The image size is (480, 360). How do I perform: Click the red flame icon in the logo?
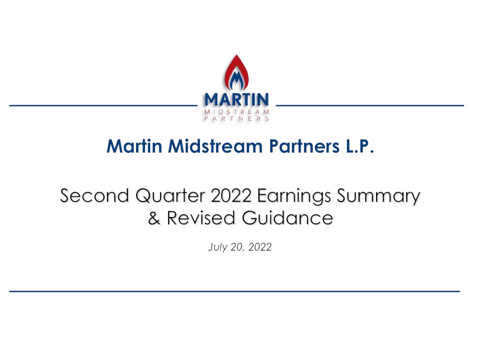tap(237, 73)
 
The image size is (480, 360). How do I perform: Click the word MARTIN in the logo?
tap(237, 100)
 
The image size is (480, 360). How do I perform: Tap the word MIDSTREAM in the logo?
tap(237, 112)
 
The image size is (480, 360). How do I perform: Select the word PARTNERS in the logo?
tap(237, 118)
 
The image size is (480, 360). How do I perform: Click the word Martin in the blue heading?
tap(134, 146)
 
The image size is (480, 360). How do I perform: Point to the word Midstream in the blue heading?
tap(215, 146)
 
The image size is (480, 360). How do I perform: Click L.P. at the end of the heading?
tap(359, 146)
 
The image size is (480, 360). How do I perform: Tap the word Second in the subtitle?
tap(94, 196)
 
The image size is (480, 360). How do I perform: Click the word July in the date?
tap(218, 247)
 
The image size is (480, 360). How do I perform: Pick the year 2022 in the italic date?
tap(260, 247)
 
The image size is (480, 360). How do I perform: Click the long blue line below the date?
tap(234, 291)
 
